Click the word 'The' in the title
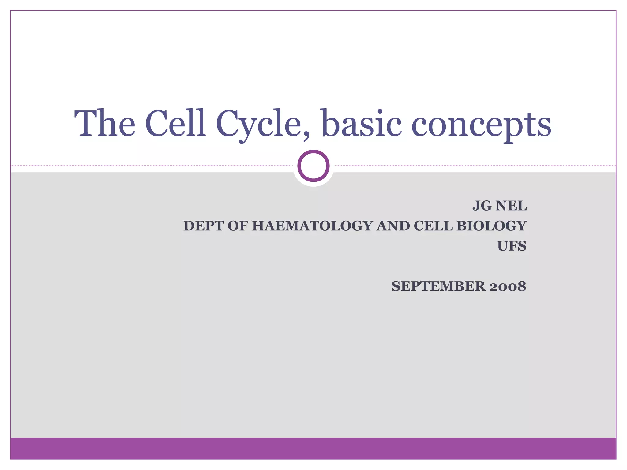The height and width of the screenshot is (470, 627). pyautogui.click(x=105, y=123)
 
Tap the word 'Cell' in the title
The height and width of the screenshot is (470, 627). pyautogui.click(x=175, y=123)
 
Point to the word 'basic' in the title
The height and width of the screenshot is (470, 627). pyautogui.click(x=362, y=123)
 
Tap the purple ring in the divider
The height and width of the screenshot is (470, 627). pyautogui.click(x=313, y=166)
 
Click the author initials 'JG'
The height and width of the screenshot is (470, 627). pyautogui.click(x=482, y=206)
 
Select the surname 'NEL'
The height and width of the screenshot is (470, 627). pyautogui.click(x=511, y=206)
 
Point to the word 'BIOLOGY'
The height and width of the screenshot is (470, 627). pyautogui.click(x=491, y=226)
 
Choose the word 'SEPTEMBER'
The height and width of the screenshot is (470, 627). pyautogui.click(x=438, y=286)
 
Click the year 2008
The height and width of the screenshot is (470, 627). pyautogui.click(x=508, y=286)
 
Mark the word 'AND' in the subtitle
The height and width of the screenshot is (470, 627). pyautogui.click(x=393, y=226)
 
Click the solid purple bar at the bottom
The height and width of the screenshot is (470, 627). pyautogui.click(x=313, y=448)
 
